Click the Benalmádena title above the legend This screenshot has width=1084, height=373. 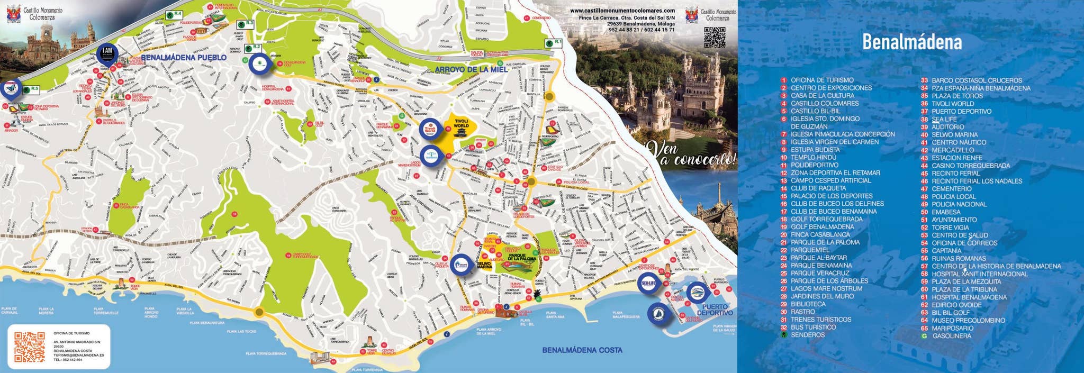911,42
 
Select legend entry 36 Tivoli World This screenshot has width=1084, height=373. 952,104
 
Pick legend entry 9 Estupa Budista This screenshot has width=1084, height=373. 815,150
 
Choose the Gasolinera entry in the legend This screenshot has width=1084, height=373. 951,336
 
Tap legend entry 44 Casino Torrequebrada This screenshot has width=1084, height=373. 970,166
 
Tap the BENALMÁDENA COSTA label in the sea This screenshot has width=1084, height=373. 582,350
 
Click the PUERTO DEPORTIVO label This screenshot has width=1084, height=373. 715,310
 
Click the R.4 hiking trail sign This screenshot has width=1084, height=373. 173,14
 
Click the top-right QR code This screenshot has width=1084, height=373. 714,37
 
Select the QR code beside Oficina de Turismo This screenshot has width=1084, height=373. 29,347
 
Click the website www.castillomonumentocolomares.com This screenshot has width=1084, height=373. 622,11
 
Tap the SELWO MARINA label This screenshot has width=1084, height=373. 485,265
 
